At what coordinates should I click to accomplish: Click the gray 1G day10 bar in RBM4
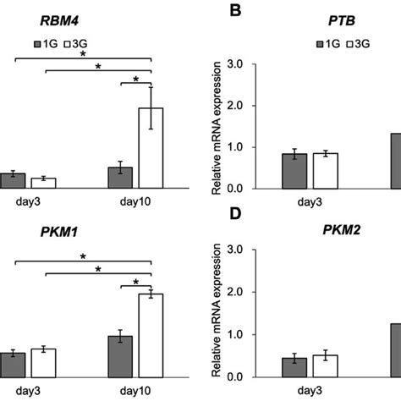click(120, 177)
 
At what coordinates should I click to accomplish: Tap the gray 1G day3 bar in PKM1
click(13, 365)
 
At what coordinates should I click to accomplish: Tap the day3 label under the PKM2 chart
click(309, 390)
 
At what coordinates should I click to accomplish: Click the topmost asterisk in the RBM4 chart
click(83, 54)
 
